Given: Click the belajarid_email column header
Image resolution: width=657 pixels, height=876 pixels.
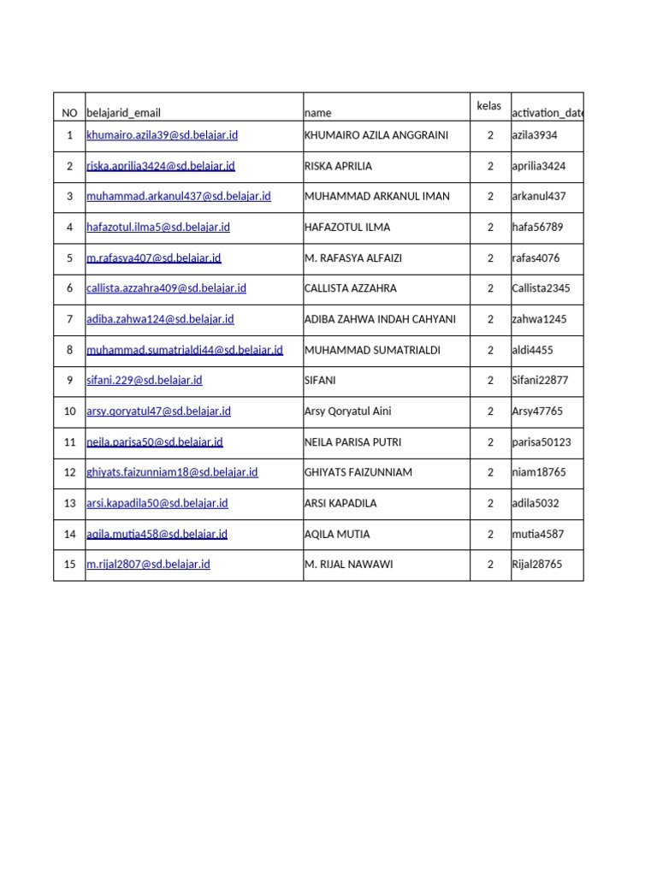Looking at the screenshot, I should [x=123, y=113].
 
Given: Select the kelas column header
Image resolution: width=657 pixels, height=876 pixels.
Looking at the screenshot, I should [x=489, y=106].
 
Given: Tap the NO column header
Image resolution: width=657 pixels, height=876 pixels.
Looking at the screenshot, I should [x=69, y=113].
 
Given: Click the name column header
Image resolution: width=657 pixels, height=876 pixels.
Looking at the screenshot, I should [x=317, y=113].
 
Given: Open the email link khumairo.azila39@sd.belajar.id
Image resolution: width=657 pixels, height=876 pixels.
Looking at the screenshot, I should [x=162, y=135].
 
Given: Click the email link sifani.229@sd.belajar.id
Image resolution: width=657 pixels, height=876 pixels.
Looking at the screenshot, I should [x=144, y=381].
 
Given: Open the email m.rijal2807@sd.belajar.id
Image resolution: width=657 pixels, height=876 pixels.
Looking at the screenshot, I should [x=148, y=565].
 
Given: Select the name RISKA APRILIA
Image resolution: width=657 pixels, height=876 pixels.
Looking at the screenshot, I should [x=338, y=166].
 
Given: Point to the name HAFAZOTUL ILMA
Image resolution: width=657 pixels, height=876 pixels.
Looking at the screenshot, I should [x=346, y=228].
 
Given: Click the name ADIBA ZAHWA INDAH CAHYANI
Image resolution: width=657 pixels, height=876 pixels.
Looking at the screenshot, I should [x=380, y=319].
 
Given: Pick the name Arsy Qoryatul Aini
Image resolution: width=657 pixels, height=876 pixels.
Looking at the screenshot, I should [x=347, y=411].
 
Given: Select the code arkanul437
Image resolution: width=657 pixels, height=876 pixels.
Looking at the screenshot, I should [x=538, y=197].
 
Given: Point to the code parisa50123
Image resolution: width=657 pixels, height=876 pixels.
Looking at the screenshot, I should [x=541, y=442].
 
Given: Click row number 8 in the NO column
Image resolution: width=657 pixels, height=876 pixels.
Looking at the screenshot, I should [x=69, y=350].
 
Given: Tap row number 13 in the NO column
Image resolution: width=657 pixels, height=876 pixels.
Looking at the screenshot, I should [x=69, y=503].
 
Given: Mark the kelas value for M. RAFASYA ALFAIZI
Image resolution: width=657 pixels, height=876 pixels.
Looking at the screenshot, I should [x=490, y=258].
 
